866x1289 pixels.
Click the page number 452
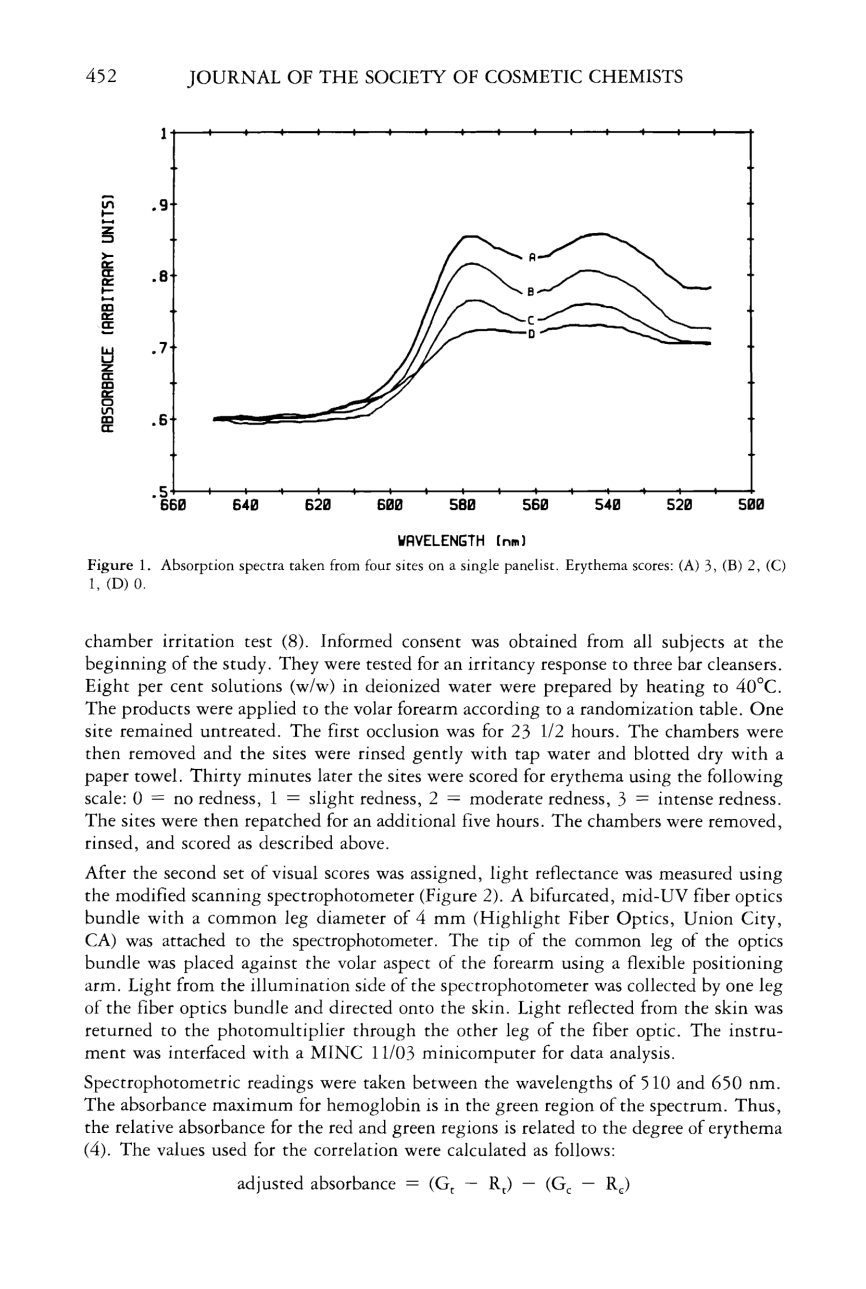click(x=102, y=76)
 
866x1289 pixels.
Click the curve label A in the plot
click(x=532, y=257)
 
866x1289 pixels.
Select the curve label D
click(x=531, y=333)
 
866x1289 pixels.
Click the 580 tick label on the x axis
click(x=462, y=505)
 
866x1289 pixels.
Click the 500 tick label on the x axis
click(x=751, y=505)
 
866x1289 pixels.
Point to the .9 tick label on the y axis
click(x=160, y=206)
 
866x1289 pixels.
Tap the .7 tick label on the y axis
click(x=160, y=349)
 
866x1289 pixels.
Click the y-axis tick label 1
click(x=164, y=134)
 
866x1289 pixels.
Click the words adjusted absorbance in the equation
click(x=316, y=1183)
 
